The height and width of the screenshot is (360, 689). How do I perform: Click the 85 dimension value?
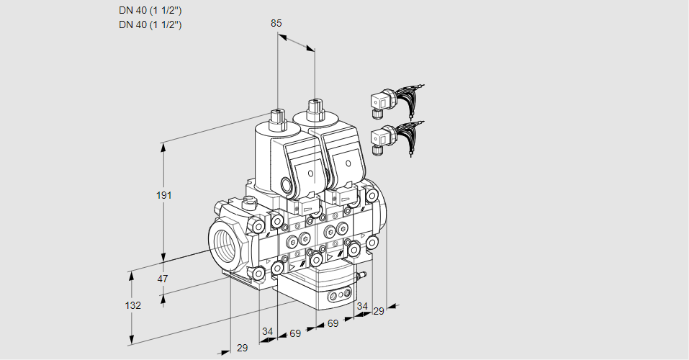point(276,23)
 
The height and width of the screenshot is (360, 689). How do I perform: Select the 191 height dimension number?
point(164,195)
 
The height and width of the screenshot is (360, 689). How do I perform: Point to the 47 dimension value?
point(163,279)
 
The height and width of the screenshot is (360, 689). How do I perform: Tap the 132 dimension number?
point(133,305)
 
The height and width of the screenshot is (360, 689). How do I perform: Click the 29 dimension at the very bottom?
point(242,348)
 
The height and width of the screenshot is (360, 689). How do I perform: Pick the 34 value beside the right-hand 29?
point(361,306)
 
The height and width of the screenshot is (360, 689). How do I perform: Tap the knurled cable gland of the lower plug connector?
point(375,150)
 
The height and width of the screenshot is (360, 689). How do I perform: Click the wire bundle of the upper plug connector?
point(407,98)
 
